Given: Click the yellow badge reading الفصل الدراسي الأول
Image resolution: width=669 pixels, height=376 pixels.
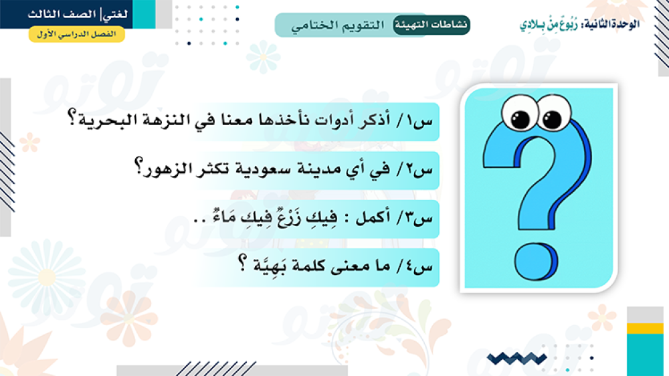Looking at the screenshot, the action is [x=77, y=34].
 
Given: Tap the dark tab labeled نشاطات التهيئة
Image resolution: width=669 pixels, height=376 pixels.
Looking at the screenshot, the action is [x=431, y=25].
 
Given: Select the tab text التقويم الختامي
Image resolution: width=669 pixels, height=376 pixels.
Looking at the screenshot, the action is [x=337, y=25].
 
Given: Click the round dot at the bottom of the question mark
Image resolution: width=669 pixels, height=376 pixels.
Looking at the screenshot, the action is [x=536, y=261].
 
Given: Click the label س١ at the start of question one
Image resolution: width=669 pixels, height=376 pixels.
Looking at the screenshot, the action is [x=421, y=121].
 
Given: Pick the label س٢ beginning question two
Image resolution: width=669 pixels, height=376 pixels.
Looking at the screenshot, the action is [x=421, y=170].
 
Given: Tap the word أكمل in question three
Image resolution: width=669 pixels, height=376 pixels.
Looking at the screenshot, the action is [x=373, y=217].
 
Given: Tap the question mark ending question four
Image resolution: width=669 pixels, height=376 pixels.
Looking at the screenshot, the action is [x=242, y=262].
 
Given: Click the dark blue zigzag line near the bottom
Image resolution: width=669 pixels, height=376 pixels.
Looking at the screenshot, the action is [x=516, y=359].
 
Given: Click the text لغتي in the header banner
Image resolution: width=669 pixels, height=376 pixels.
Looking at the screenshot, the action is [x=115, y=15].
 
